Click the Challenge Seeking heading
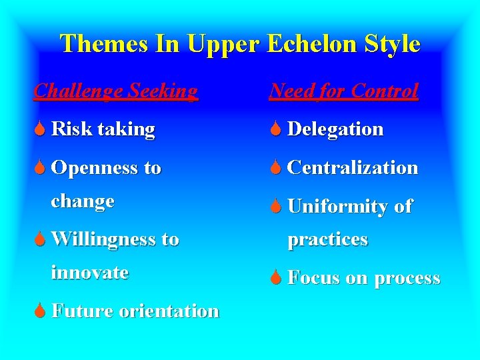click(116, 91)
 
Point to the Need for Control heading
click(343, 91)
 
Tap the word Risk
click(71, 129)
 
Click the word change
click(83, 201)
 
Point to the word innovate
click(90, 272)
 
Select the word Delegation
click(335, 129)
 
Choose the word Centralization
click(353, 168)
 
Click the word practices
click(327, 239)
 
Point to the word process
click(407, 279)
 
